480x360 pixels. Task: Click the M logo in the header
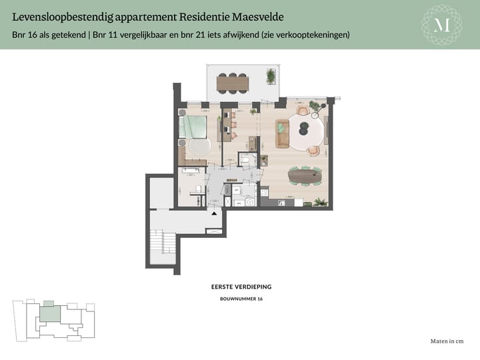click(x=442, y=25)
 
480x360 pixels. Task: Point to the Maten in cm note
click(x=447, y=341)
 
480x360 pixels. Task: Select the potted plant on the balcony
click(x=271, y=76)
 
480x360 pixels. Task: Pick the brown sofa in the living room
click(x=282, y=133)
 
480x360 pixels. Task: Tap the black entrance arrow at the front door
click(x=213, y=213)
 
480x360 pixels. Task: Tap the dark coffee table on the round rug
click(x=300, y=127)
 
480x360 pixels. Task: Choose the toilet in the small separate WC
click(x=245, y=160)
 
